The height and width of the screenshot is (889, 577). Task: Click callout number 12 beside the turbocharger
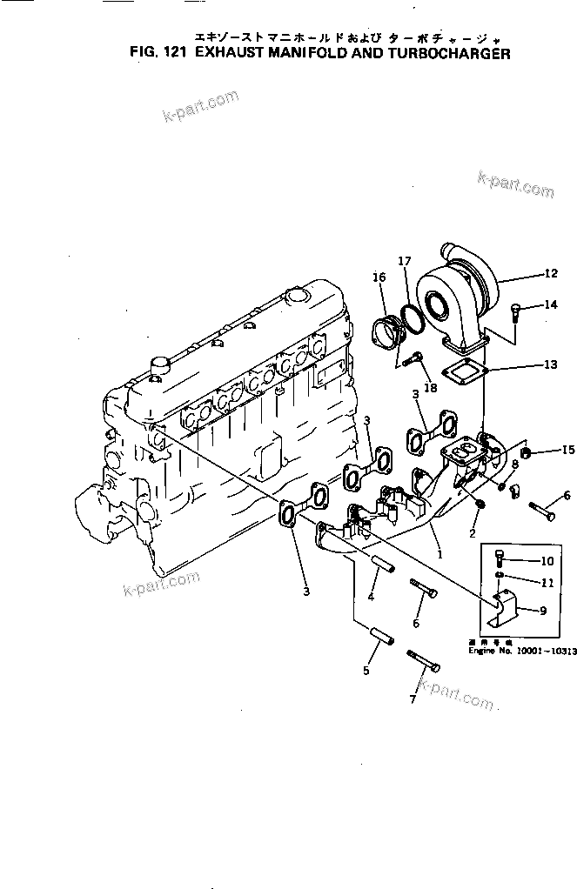(x=550, y=274)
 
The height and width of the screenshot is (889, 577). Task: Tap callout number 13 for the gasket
(x=550, y=364)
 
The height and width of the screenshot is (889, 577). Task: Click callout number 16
(x=379, y=277)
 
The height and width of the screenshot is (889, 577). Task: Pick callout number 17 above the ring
(x=404, y=260)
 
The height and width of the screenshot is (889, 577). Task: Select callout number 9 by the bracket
(x=542, y=611)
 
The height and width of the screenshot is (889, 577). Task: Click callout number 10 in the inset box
(x=547, y=561)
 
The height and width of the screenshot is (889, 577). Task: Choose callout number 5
(x=366, y=670)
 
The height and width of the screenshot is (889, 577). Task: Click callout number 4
(x=370, y=597)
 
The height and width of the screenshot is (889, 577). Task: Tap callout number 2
(x=472, y=531)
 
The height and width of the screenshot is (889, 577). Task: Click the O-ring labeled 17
(x=415, y=317)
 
